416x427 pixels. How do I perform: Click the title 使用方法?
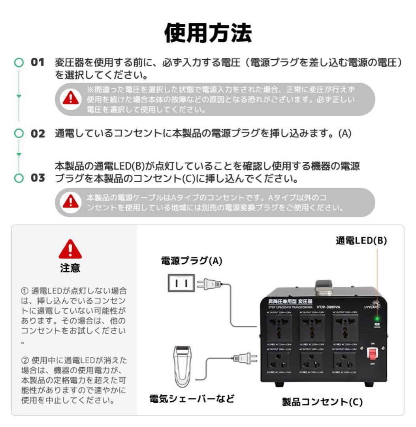[x=208, y=32]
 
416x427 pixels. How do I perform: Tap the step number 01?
[x=38, y=62]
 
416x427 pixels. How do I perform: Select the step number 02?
[x=38, y=133]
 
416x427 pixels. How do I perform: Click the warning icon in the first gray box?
[x=70, y=98]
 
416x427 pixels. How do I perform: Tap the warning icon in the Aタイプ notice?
[x=70, y=202]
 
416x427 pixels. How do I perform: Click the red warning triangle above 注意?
[x=70, y=249]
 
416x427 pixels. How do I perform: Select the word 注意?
[x=70, y=268]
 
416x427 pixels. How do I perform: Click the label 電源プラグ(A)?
[x=192, y=261]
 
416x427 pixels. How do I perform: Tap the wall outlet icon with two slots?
[x=181, y=283]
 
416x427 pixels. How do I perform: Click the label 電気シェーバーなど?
[x=192, y=399]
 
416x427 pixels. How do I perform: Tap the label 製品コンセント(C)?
[x=322, y=402]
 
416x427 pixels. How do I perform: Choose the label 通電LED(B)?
[x=361, y=240]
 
